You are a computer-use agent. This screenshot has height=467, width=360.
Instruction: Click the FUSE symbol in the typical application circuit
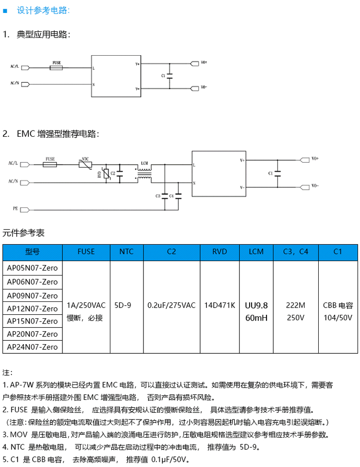tap(56, 68)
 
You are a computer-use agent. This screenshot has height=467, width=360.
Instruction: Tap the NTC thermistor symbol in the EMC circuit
tap(85, 165)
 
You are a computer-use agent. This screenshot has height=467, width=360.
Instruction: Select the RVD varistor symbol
tap(106, 174)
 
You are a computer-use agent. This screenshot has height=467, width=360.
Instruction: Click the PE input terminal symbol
tap(24, 210)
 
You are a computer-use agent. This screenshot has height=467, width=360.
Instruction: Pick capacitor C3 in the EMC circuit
tap(165, 196)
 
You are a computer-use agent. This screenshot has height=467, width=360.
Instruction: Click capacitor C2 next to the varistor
tap(120, 174)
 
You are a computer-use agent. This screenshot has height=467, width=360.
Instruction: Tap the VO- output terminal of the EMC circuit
tap(305, 187)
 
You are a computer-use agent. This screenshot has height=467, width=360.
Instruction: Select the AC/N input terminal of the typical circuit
tap(25, 84)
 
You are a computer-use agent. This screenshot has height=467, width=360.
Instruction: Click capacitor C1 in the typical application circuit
tap(170, 76)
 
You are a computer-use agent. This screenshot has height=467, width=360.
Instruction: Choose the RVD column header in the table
tap(220, 251)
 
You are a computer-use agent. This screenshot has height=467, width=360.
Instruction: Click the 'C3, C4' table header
tap(296, 251)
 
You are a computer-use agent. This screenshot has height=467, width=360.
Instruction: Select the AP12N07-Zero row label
tap(33, 309)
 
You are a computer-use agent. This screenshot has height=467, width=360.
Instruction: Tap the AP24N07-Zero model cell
tap(33, 347)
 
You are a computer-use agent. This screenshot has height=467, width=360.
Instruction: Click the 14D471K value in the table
tap(220, 305)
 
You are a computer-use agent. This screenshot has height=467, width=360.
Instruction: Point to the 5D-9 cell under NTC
tap(123, 305)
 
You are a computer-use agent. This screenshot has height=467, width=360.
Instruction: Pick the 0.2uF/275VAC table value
tap(171, 305)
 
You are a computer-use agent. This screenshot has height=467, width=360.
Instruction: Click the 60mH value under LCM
tap(256, 318)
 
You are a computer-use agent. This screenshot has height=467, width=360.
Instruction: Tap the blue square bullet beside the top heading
tap(5, 11)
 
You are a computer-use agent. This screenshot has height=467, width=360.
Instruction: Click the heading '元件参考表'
tap(24, 233)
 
